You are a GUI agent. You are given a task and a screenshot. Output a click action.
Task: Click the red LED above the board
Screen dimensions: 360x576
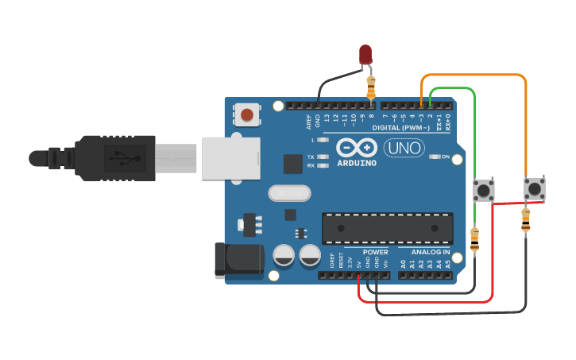pyautogui.click(x=365, y=54)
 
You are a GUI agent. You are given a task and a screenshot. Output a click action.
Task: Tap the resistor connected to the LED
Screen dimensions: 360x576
pyautogui.click(x=371, y=83)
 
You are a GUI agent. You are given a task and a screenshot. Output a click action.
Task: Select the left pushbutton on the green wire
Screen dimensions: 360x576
pyautogui.click(x=483, y=190)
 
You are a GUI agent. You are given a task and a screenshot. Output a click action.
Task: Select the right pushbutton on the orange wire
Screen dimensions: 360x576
pyautogui.click(x=535, y=188)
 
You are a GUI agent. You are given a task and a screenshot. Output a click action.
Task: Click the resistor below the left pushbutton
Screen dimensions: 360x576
pyautogui.click(x=475, y=239)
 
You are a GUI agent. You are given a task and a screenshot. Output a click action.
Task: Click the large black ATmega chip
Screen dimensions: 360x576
pyautogui.click(x=387, y=228)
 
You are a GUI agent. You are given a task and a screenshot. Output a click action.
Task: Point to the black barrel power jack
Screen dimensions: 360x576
pyautogui.click(x=238, y=260)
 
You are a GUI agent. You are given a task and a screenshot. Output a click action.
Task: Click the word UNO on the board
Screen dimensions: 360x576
pyautogui.click(x=404, y=148)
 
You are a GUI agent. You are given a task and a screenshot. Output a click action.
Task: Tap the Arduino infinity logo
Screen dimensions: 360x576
pyautogui.click(x=355, y=148)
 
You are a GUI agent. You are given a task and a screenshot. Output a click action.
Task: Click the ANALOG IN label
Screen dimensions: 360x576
pyautogui.click(x=430, y=251)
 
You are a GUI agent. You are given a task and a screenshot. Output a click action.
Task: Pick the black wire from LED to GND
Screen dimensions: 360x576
pyautogui.click(x=340, y=77)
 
